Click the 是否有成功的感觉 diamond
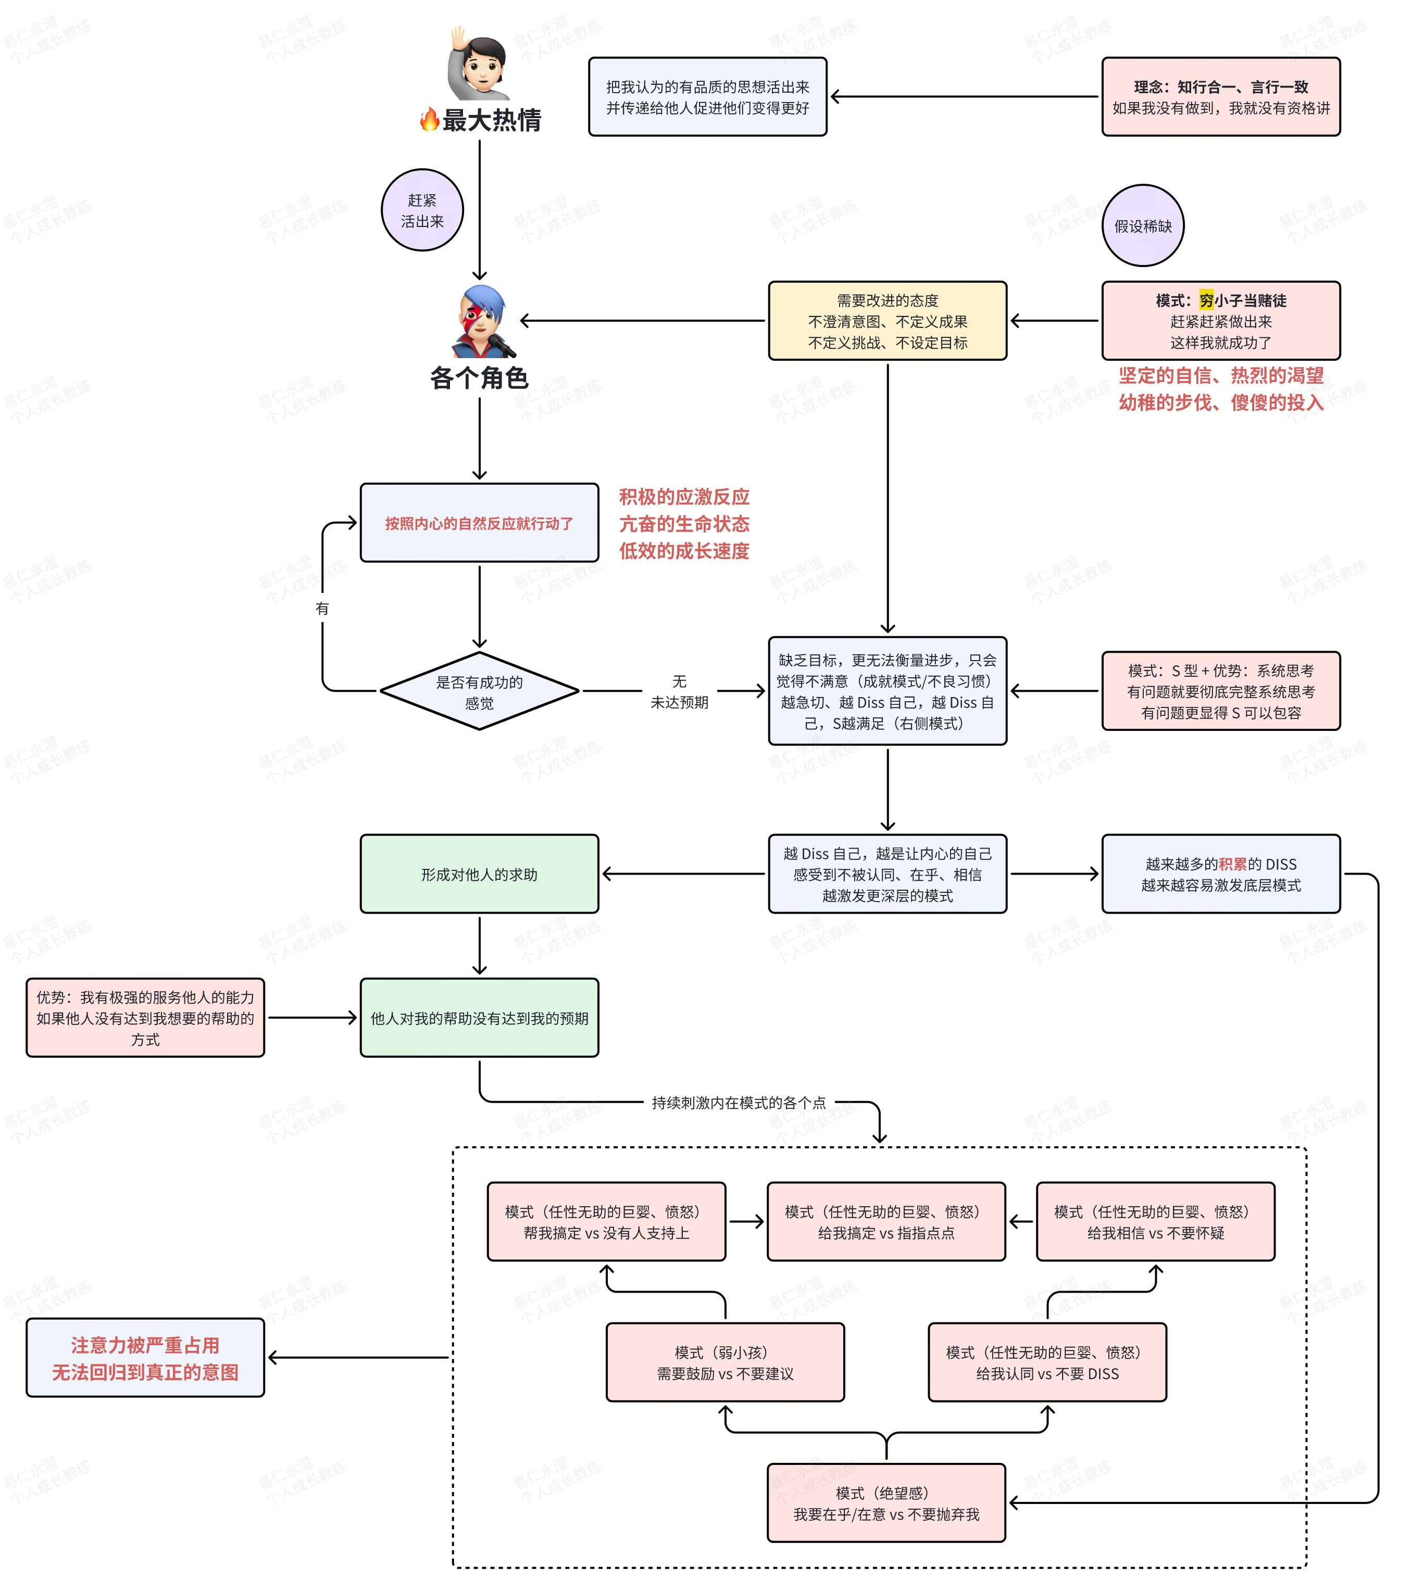480,691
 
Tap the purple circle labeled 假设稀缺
1143,226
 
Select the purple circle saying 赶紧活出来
422,210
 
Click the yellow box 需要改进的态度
888,321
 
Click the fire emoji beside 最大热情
429,119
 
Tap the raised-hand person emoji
480,64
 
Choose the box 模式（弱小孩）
725,1362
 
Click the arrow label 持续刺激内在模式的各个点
739,1103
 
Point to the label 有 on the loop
322,608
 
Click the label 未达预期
680,702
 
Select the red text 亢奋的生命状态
684,524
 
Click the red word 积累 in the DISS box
1233,864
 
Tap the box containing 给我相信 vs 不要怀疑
1155,1222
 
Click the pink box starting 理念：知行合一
1221,97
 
